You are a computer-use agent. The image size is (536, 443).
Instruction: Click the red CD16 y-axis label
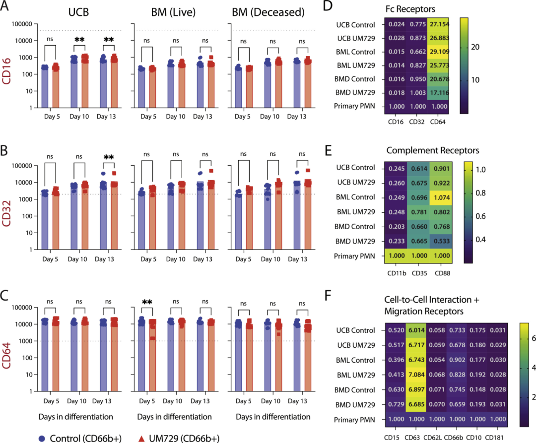(7, 65)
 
